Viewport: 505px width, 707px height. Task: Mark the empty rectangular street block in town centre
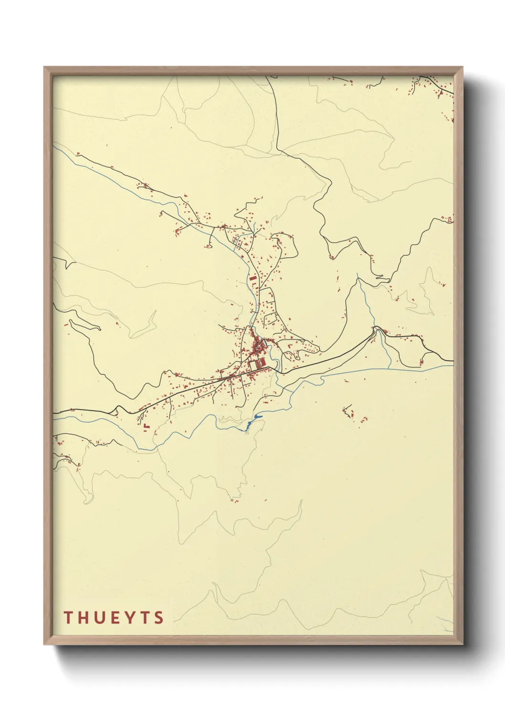click(x=252, y=365)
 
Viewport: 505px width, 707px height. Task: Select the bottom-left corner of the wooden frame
click(x=45, y=643)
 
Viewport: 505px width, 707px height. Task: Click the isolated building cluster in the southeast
click(x=351, y=413)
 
